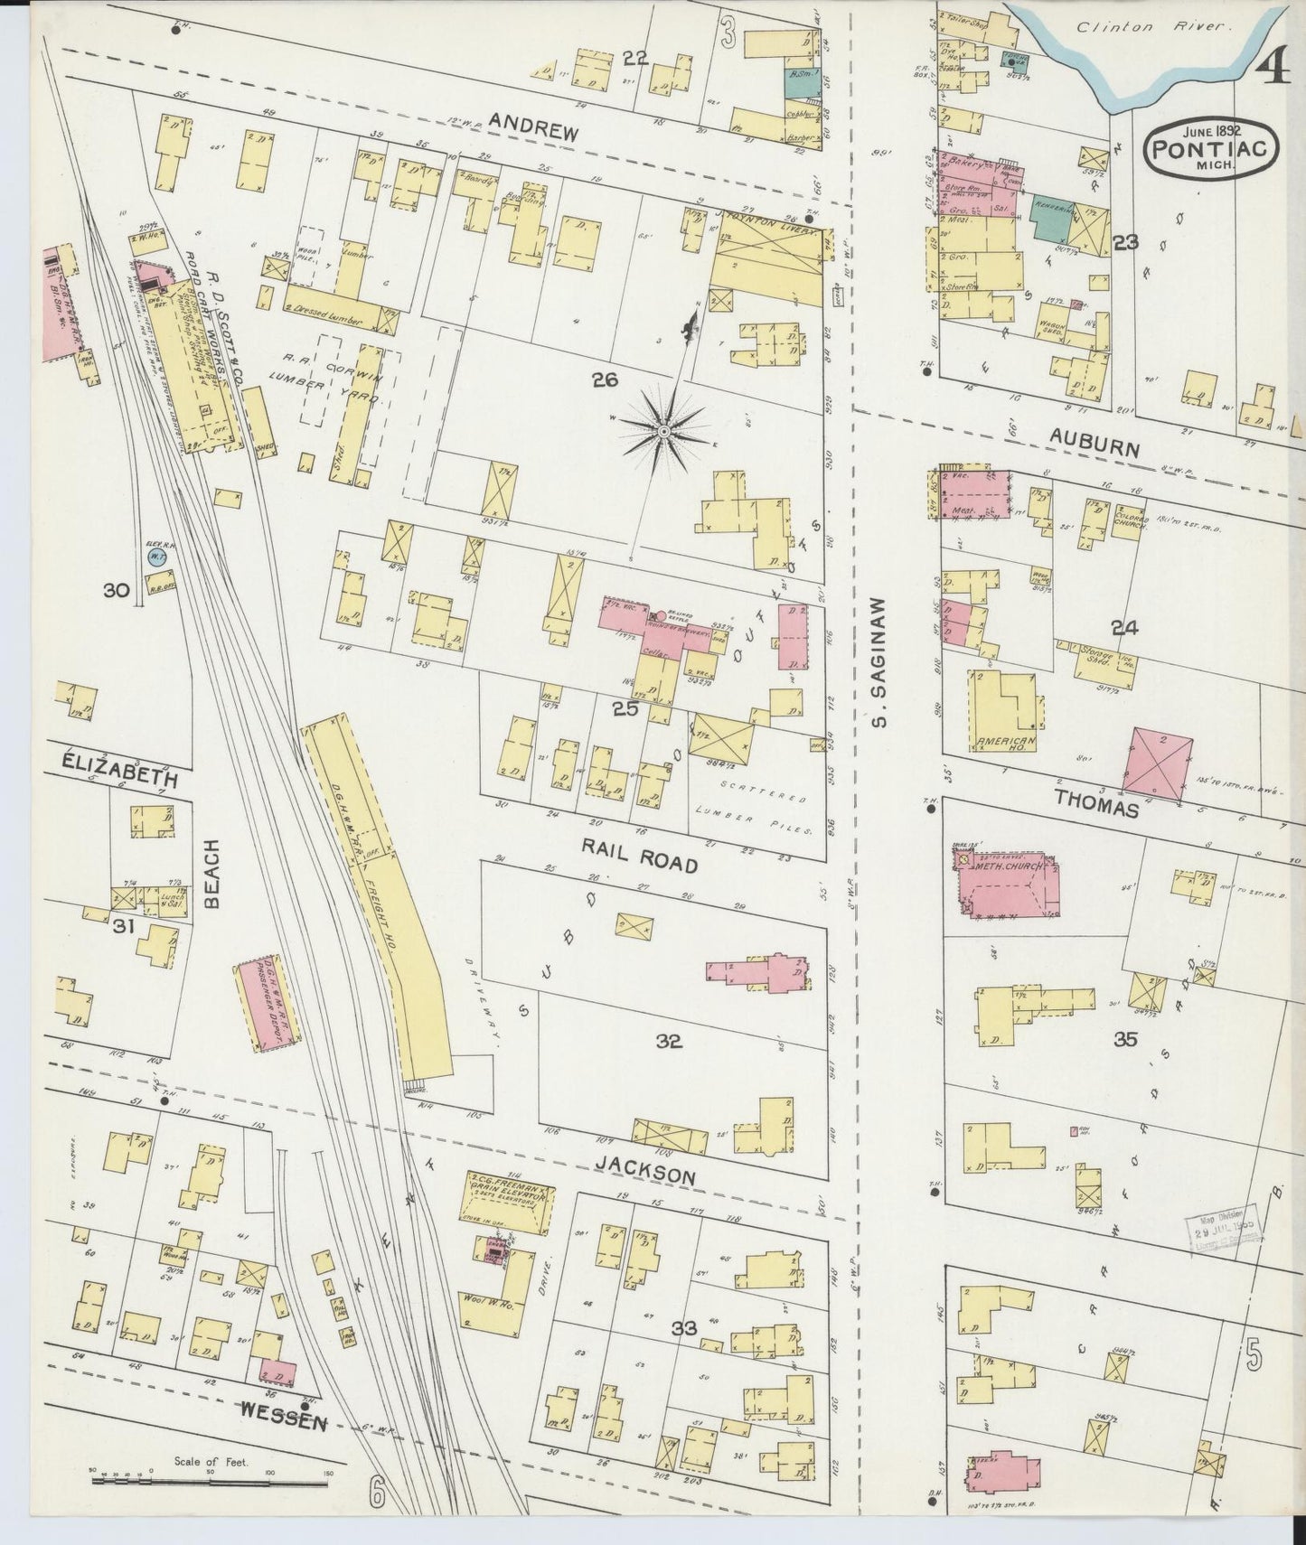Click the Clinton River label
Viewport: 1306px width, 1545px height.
(x=1113, y=27)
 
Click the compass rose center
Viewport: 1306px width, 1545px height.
(x=664, y=433)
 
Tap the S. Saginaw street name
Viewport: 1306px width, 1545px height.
(x=877, y=660)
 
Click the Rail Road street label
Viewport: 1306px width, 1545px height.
(x=640, y=855)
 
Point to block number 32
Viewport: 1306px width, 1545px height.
(x=669, y=1041)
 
